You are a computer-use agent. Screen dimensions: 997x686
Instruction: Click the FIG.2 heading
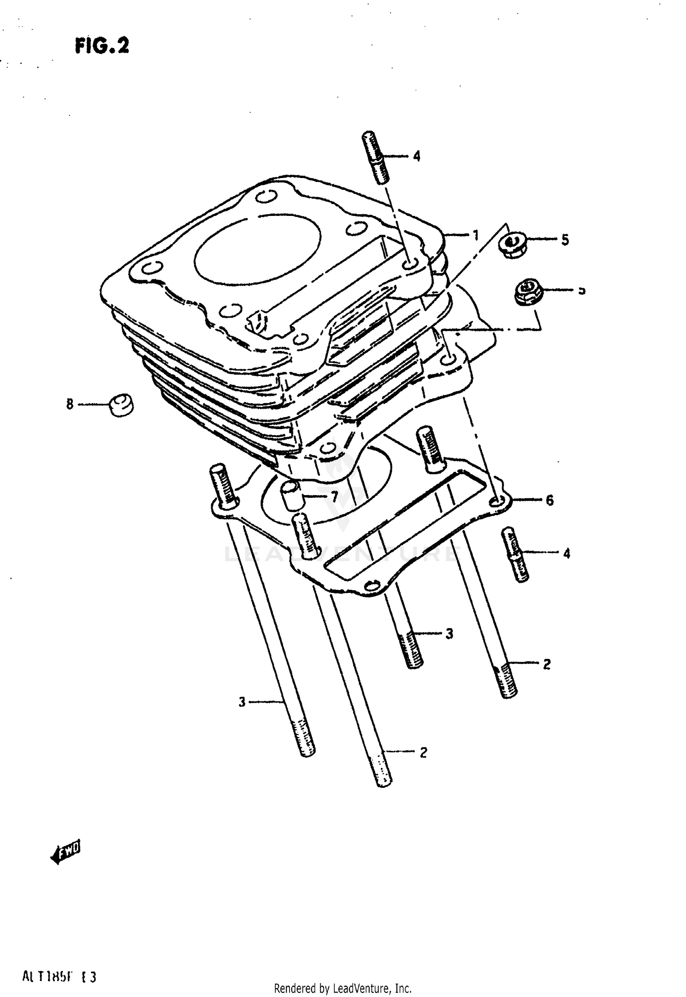click(x=102, y=46)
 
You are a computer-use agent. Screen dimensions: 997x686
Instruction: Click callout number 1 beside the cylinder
click(x=476, y=236)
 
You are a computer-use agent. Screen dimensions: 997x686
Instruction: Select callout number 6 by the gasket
click(x=550, y=500)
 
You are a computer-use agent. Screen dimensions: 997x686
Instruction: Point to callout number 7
click(x=334, y=496)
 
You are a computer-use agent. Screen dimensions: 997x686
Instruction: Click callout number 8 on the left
click(x=70, y=404)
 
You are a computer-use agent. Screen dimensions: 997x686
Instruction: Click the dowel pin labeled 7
click(x=291, y=496)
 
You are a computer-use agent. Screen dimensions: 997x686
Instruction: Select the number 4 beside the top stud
click(x=416, y=156)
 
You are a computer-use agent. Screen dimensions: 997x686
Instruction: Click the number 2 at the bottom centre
click(x=423, y=752)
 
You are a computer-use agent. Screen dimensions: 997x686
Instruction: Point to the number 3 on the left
click(x=242, y=701)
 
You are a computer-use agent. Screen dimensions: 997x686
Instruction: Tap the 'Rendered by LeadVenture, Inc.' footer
click(x=343, y=988)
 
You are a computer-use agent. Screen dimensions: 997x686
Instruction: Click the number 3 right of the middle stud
click(x=449, y=634)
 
